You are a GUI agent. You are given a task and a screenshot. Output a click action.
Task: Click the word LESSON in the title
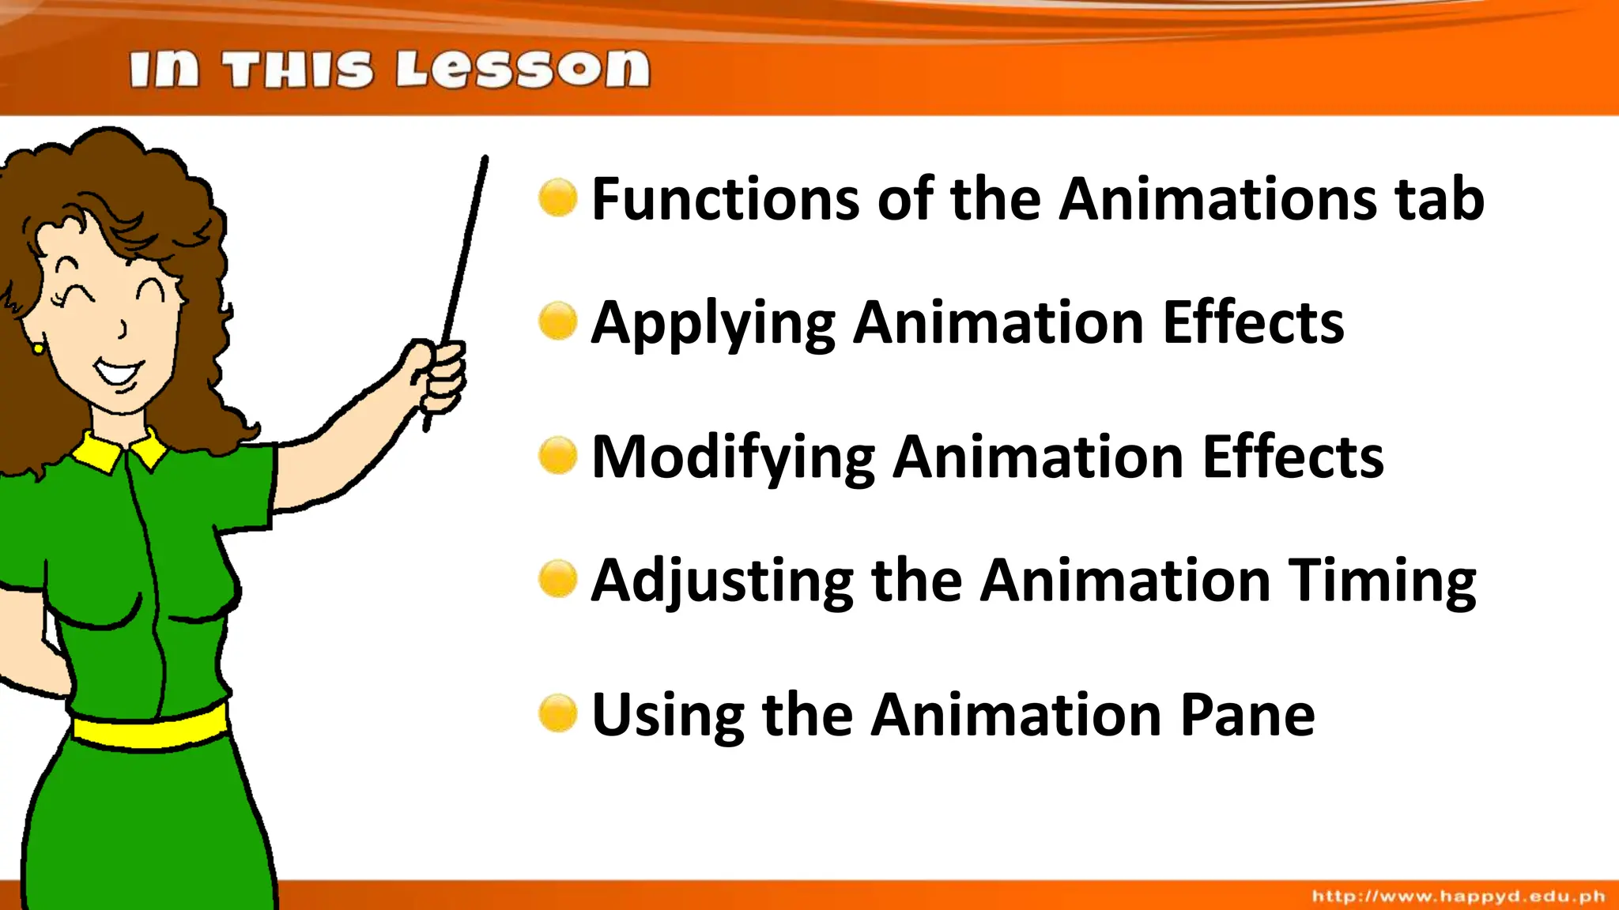[x=523, y=70]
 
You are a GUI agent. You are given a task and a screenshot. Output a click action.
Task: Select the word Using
[x=667, y=715]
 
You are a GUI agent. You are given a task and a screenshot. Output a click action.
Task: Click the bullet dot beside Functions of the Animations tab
[x=558, y=197]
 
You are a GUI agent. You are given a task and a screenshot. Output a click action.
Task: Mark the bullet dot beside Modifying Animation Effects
[x=558, y=456]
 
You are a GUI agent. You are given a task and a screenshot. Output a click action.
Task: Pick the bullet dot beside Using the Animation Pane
[x=558, y=713]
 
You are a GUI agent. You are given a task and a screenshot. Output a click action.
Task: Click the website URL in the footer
[x=1459, y=896]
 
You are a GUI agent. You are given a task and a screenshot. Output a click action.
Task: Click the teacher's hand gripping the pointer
[x=440, y=376]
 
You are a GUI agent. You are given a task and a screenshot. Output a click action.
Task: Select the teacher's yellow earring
[x=37, y=348]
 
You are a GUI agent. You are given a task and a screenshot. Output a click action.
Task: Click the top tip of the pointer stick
[x=485, y=159]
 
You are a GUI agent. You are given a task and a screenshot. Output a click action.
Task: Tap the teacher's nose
[x=123, y=327]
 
